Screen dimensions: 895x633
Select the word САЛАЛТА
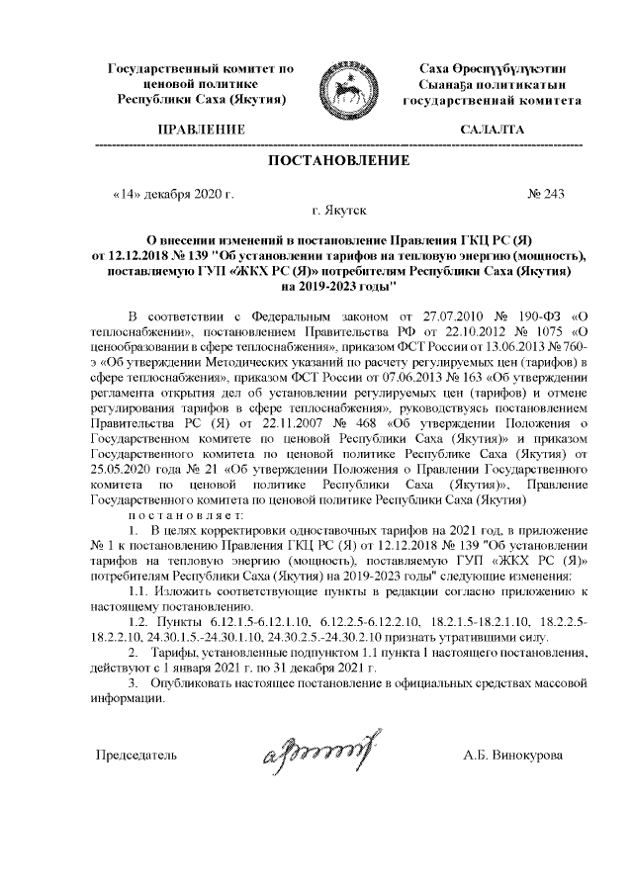(492, 131)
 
